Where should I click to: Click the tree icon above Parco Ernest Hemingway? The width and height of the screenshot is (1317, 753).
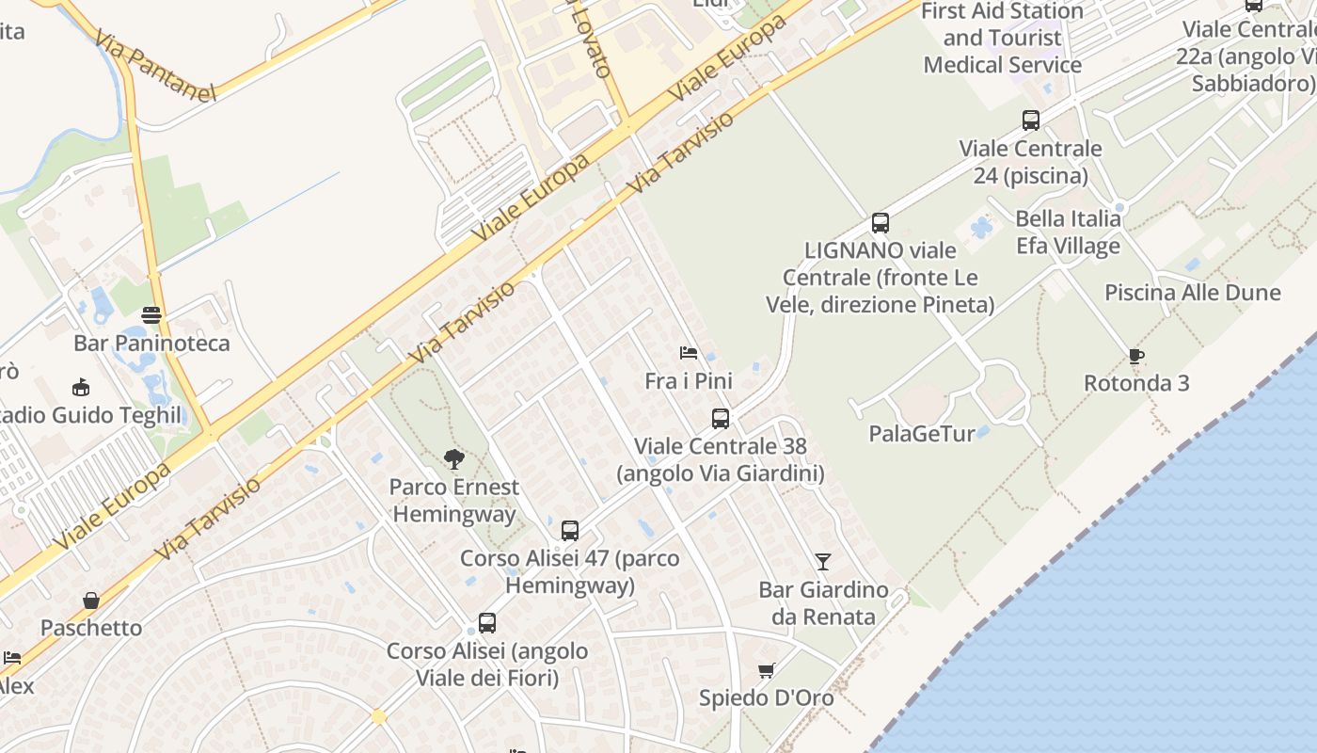(x=454, y=459)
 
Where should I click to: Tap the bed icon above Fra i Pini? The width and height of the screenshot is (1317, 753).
(x=689, y=353)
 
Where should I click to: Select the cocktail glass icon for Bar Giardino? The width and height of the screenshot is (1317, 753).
(x=823, y=562)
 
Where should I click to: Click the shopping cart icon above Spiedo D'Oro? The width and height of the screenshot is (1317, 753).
(x=767, y=671)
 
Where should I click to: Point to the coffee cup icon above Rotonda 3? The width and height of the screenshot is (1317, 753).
(x=1136, y=356)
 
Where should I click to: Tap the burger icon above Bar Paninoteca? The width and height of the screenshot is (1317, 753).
(x=151, y=315)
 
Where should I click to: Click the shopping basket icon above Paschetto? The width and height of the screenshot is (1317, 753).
(x=91, y=601)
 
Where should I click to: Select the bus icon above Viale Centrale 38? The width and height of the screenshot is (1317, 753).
(x=721, y=419)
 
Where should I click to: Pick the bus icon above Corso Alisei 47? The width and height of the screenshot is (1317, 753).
(x=570, y=531)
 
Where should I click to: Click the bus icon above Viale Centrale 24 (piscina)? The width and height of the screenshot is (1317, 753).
(x=1031, y=120)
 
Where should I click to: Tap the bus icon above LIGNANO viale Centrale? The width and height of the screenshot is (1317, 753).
(x=881, y=223)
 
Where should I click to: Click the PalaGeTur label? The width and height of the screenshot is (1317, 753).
(x=922, y=434)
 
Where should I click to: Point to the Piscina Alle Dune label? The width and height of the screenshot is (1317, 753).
(x=1192, y=292)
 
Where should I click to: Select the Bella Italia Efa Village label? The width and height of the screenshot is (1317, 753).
(x=1068, y=232)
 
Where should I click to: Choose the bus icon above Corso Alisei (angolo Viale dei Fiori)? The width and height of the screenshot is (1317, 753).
(x=487, y=623)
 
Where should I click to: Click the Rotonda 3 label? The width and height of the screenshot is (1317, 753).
(x=1136, y=383)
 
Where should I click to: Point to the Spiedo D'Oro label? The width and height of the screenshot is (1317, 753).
(x=766, y=698)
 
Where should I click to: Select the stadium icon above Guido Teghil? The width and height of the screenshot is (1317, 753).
(x=81, y=387)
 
